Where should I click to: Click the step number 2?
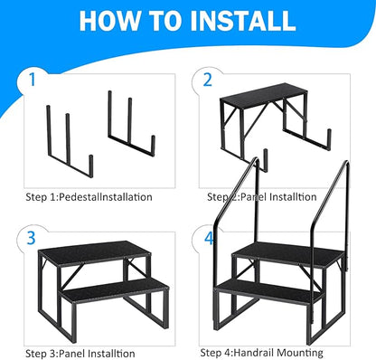207,79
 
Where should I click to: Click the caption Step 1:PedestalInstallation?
89,195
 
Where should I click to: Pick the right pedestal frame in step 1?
131,136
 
